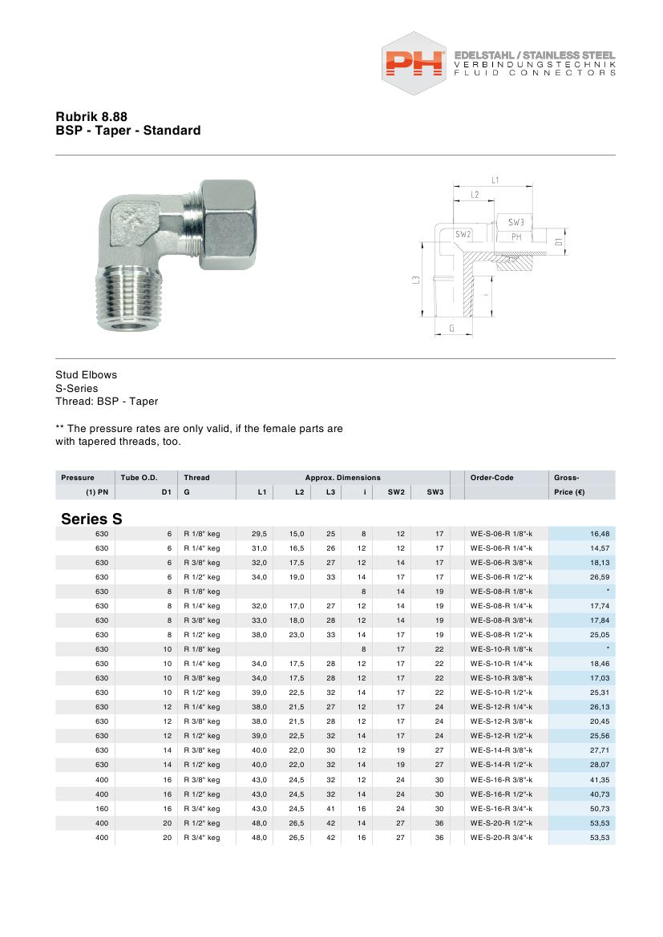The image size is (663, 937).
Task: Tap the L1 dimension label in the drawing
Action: (x=495, y=180)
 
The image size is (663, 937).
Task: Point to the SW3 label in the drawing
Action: (x=515, y=222)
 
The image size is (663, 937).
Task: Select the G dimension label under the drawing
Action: (x=452, y=328)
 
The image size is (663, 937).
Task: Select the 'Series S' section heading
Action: (x=91, y=519)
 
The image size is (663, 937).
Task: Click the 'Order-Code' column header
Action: (x=492, y=478)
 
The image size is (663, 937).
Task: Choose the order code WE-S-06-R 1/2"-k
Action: (x=501, y=576)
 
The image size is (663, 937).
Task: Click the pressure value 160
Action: (x=101, y=809)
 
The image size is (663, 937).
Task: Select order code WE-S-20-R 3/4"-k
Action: (x=501, y=838)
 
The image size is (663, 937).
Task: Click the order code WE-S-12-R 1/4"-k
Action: (x=501, y=707)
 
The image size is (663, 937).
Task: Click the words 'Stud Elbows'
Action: (x=86, y=374)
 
